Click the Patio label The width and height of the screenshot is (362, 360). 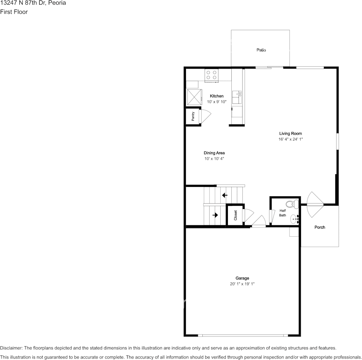pos(261,50)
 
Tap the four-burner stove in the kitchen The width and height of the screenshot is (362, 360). pos(211,75)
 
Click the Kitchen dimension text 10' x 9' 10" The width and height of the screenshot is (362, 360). pos(217,102)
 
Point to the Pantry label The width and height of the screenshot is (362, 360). pos(193,116)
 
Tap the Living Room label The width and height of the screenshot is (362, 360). pos(290,134)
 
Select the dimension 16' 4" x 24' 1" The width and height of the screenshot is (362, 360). pos(290,139)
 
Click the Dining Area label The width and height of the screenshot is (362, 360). pos(214,153)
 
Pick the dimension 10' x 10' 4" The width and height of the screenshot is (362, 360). pos(214,159)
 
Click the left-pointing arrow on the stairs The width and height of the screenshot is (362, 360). pos(224,195)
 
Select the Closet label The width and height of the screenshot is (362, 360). pos(235,215)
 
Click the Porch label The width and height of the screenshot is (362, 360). pos(320,227)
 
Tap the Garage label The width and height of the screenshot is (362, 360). pos(242,278)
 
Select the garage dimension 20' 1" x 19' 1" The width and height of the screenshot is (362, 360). pos(242,284)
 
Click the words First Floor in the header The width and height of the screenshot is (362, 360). pos(14,12)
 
